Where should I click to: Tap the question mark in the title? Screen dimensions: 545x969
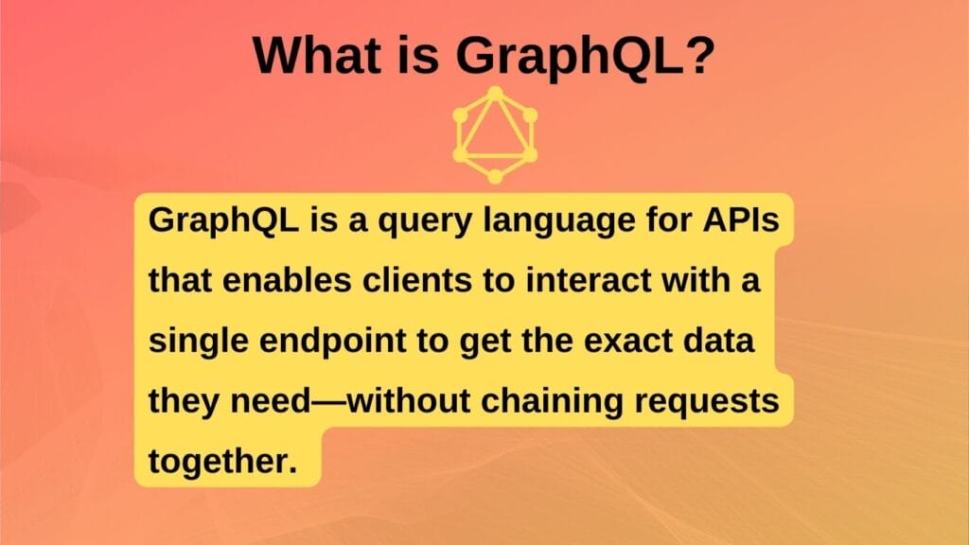tap(697, 56)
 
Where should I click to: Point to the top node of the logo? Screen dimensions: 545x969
tap(494, 94)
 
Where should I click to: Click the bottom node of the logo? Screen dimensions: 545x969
tap(494, 175)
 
